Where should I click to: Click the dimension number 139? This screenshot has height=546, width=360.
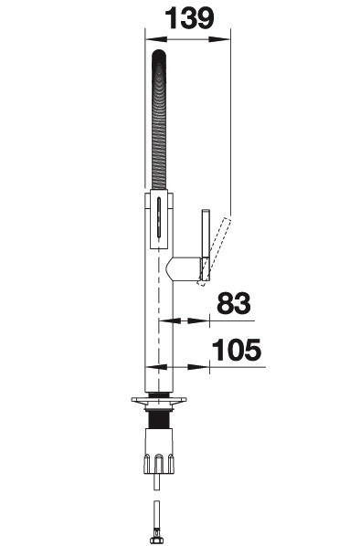coord(189,19)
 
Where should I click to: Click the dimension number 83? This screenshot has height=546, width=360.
coord(234,303)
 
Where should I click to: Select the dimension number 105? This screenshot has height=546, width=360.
coord(237,350)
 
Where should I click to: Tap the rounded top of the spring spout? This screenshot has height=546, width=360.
coord(159,56)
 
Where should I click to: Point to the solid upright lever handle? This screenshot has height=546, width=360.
coord(206,245)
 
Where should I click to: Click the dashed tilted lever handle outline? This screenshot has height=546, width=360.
coord(215,250)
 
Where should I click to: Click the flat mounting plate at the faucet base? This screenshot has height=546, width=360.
coord(159,400)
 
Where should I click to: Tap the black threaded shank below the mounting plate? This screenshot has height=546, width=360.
coord(159,419)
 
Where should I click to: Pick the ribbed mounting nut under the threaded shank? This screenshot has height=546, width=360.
coord(159,451)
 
